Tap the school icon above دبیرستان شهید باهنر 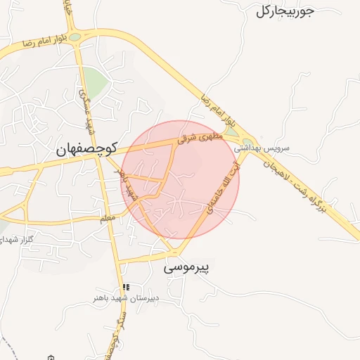coord(126,287)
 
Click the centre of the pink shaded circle coord(181,179)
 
